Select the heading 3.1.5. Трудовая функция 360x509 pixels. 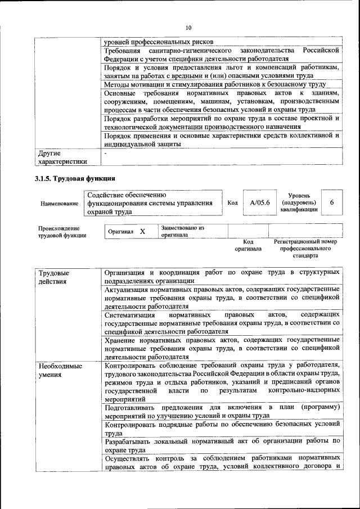[x=71, y=179]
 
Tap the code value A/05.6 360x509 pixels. [x=260, y=202]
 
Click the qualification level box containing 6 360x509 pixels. [x=331, y=202]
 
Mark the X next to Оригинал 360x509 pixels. [x=142, y=232]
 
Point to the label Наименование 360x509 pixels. [x=59, y=203]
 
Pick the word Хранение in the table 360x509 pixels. [x=121, y=340]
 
